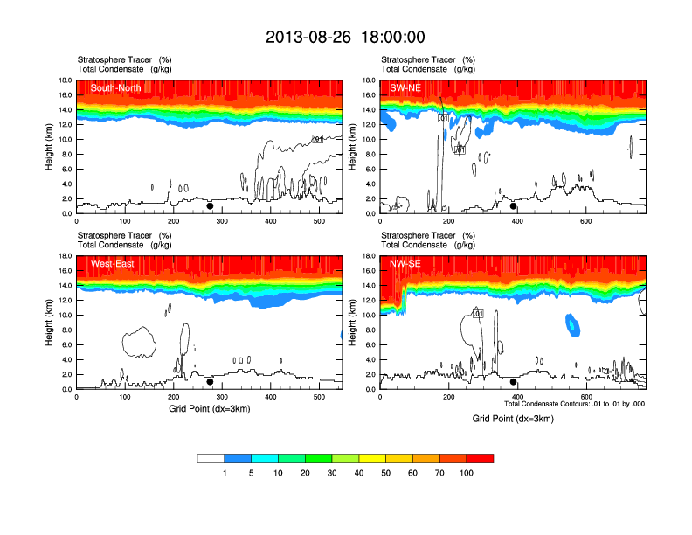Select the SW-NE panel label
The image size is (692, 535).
405,87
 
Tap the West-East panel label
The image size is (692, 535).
111,263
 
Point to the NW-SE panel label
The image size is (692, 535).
405,263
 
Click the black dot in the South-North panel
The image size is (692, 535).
210,206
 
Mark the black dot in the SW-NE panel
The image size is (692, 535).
514,206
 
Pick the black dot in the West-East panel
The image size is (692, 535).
210,381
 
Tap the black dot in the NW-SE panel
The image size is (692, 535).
514,381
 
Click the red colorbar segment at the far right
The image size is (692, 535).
480,458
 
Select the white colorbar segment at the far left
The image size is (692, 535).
211,458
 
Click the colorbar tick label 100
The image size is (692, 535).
467,473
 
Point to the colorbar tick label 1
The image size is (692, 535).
225,473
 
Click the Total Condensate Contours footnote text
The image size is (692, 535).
575,404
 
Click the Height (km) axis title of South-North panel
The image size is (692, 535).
50,147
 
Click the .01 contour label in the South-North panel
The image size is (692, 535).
318,139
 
